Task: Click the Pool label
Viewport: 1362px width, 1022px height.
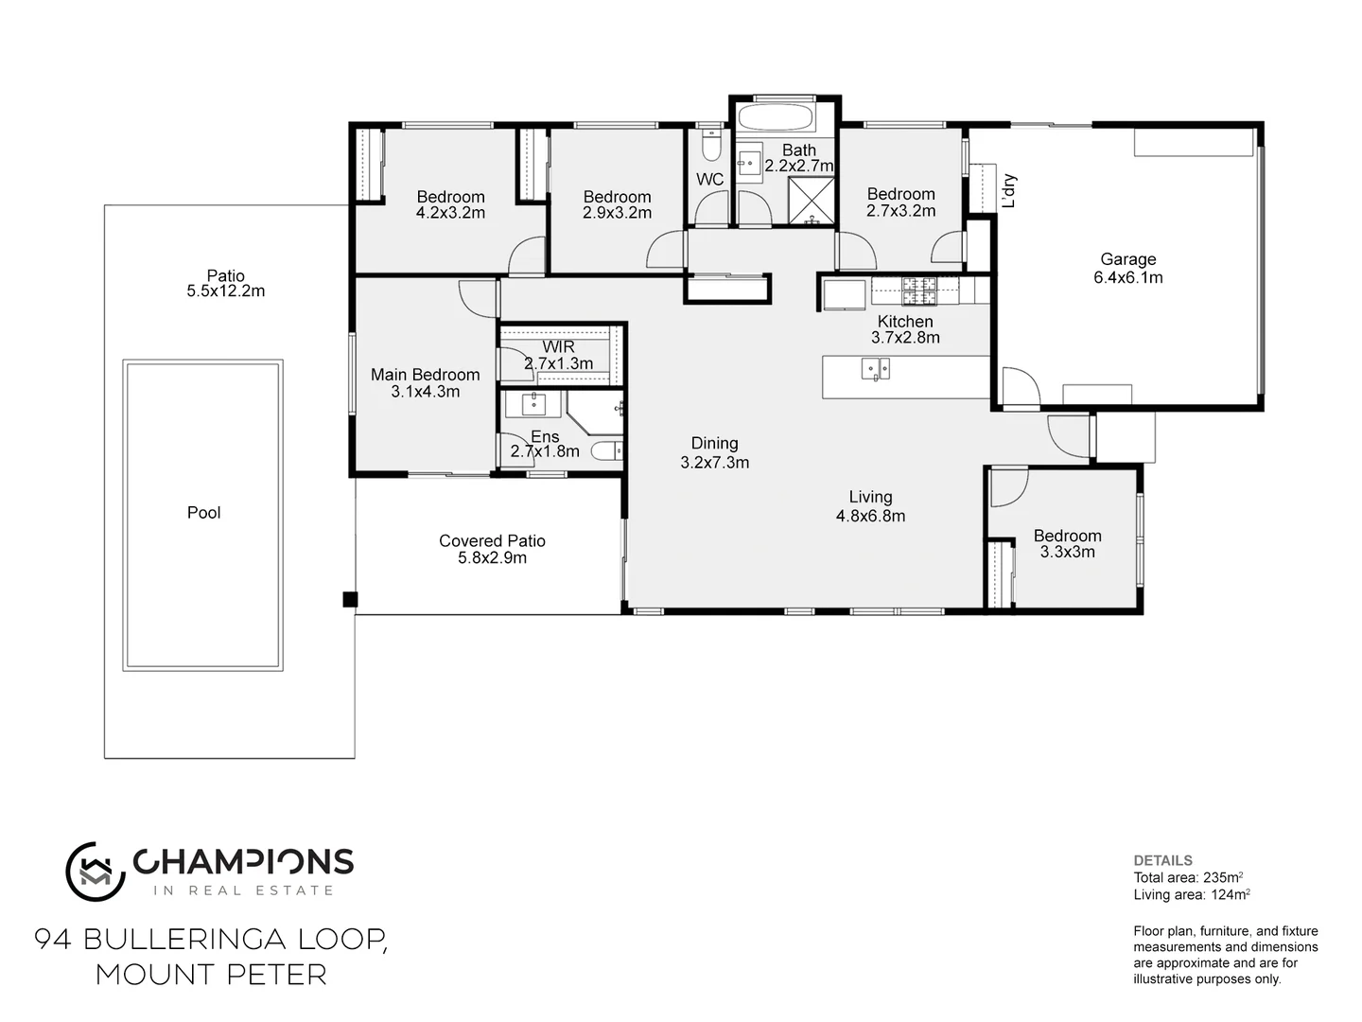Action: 203,513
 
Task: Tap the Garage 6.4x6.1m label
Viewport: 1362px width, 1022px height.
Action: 1128,268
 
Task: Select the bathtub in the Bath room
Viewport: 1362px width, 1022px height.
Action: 776,118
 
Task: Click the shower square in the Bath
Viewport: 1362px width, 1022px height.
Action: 812,200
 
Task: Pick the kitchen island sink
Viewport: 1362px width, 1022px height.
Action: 876,369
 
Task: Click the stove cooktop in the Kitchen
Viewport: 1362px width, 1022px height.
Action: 919,291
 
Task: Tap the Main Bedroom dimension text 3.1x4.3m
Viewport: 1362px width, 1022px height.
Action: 425,392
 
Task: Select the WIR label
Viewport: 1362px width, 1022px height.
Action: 558,347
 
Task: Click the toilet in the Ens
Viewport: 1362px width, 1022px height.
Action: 607,450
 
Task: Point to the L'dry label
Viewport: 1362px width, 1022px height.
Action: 1009,190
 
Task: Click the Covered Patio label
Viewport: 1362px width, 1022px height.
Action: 492,541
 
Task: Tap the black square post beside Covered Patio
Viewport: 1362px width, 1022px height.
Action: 350,599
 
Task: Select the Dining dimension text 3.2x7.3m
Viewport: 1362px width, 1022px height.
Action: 715,463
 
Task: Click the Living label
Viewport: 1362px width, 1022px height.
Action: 870,497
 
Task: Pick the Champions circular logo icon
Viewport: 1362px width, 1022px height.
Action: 96,872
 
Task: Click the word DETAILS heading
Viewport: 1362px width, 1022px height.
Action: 1162,861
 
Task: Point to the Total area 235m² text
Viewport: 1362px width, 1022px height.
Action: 1188,877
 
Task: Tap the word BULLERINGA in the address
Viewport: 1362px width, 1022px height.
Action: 184,940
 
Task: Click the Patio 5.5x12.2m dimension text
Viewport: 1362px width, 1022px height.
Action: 226,291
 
